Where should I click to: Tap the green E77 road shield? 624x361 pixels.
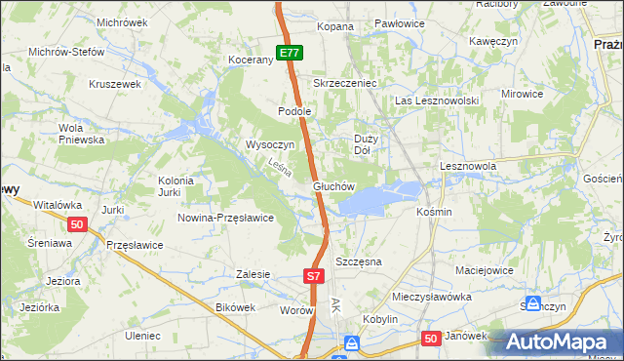(x=289, y=53)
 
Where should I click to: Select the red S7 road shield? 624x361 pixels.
(x=313, y=276)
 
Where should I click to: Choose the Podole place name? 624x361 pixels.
(x=294, y=111)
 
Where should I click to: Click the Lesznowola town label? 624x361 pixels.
(x=468, y=167)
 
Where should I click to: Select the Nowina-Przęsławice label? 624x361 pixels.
(x=225, y=218)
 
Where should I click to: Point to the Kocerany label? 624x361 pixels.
(x=251, y=60)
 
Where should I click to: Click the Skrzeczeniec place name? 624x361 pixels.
(x=344, y=83)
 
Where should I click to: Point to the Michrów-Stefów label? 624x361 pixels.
(x=66, y=52)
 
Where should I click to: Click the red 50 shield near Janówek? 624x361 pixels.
(x=432, y=338)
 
